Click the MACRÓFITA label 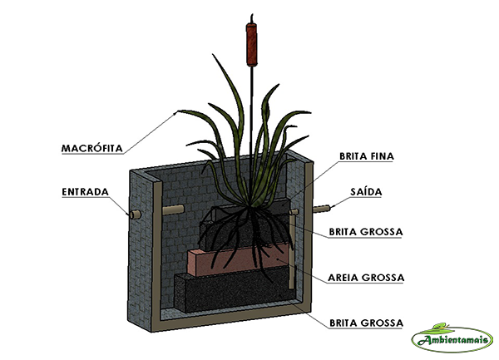coord(92,149)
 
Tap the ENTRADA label coord(85,192)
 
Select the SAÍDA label coord(366,192)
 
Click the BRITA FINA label coord(367,155)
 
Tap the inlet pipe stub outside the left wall coord(132,215)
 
